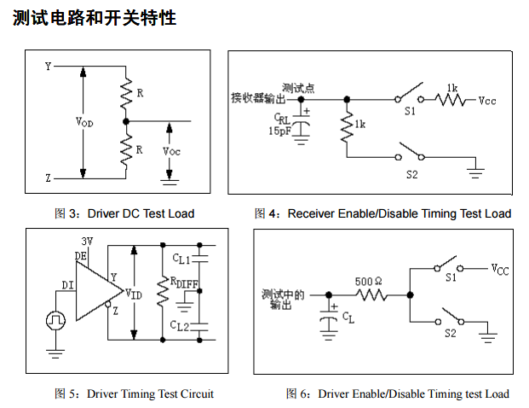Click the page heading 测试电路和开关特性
point(95,17)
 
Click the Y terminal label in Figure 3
point(48,66)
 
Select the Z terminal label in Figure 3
point(48,178)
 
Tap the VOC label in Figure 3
point(171,151)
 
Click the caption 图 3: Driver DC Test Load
point(124,213)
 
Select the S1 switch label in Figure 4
point(410,111)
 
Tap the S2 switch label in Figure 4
point(412,175)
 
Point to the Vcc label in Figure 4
point(487,101)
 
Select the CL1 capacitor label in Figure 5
point(181,259)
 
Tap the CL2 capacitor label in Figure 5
point(181,325)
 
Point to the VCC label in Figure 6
point(499,270)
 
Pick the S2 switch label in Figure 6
point(450,334)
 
